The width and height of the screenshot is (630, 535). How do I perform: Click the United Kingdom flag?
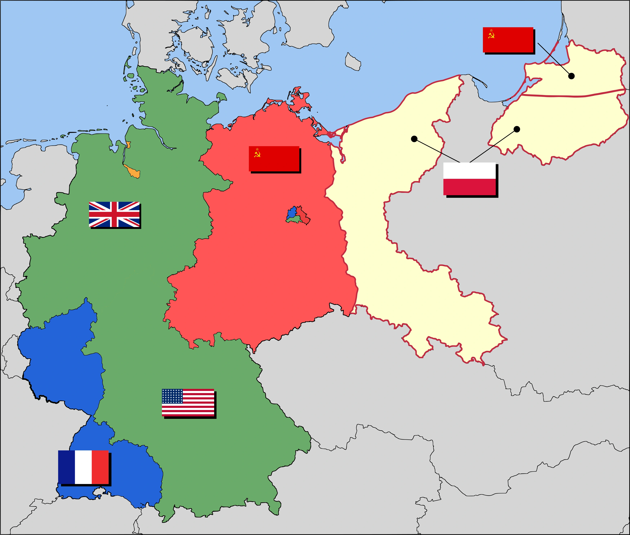coord(114,214)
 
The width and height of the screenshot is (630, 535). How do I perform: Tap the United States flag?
coord(188,402)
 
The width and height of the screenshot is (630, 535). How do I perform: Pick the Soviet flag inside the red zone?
coord(274,158)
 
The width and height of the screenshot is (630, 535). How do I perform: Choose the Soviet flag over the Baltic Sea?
coord(508,40)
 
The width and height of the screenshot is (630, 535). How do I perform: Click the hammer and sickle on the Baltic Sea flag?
coord(491,36)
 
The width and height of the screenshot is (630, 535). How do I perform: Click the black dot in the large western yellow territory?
coord(414,139)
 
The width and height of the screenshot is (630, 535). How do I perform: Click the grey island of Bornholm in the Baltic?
coord(353,62)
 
